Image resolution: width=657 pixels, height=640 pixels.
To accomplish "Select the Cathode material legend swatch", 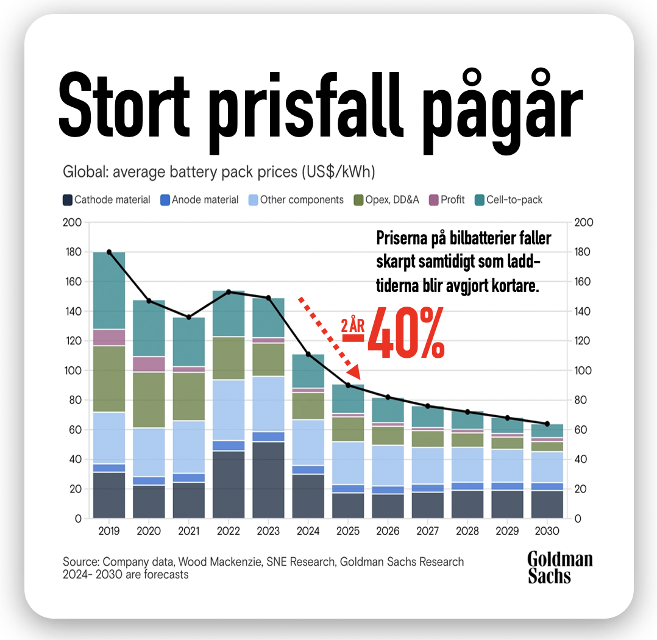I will [68, 200].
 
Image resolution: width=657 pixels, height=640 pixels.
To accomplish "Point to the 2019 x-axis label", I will [109, 532].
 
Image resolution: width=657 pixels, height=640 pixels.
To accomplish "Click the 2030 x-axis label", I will [547, 532].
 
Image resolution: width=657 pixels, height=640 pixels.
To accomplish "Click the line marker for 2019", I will [109, 252].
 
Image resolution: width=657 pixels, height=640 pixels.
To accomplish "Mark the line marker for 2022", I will [229, 291].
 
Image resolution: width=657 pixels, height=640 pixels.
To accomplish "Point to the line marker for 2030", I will [547, 424].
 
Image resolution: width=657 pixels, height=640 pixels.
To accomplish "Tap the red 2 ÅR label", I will [353, 325].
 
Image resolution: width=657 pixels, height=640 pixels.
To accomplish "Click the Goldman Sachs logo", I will [559, 567].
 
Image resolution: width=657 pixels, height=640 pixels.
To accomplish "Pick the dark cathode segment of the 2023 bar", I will [268, 480].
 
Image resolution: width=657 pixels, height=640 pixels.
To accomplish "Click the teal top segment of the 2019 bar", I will [109, 290].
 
